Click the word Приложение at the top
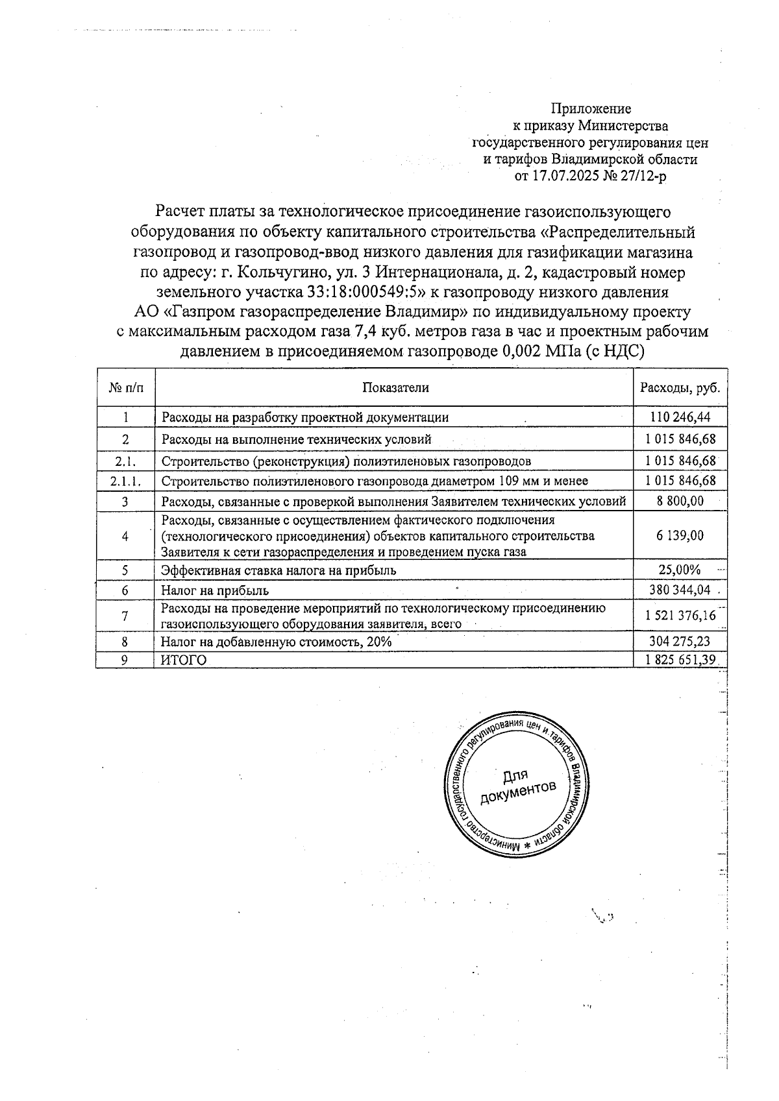[591, 108]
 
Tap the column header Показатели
[395, 387]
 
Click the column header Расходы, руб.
[680, 387]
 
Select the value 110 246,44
[680, 417]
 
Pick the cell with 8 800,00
[680, 501]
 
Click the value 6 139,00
[680, 535]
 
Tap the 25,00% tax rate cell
[680, 570]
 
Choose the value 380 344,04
[680, 590]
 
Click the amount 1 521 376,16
[680, 615]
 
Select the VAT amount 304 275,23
[680, 641]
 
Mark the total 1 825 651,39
[680, 659]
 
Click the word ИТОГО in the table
[184, 660]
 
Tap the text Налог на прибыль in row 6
[215, 590]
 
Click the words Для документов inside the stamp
[518, 785]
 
